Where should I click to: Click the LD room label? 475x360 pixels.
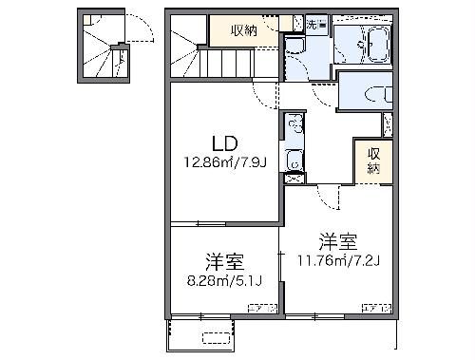(x=224, y=144)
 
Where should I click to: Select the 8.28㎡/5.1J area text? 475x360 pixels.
(x=223, y=280)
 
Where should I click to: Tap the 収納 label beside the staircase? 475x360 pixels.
(x=245, y=29)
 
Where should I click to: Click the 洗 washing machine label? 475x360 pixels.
(x=314, y=23)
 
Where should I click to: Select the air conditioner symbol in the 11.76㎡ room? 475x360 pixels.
(x=377, y=308)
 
